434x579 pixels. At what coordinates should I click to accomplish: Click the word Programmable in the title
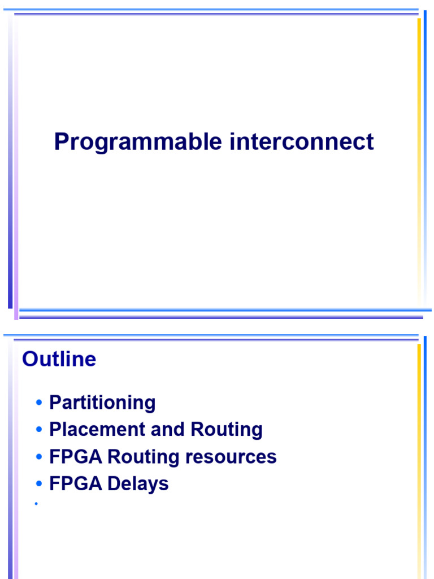[138, 142]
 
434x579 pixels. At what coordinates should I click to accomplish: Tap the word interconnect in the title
[302, 141]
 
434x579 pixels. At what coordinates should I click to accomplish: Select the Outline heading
[59, 360]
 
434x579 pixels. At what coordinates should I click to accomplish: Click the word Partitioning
[102, 403]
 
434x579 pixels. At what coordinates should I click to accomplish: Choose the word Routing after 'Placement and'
[227, 430]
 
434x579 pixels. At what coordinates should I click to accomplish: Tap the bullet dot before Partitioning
[38, 403]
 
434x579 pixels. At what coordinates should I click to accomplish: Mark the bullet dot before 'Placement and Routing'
[38, 430]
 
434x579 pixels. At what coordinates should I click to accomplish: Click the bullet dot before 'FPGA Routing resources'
[38, 457]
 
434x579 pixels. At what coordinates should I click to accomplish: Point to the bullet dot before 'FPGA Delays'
[38, 484]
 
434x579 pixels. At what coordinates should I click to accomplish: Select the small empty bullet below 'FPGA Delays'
[36, 503]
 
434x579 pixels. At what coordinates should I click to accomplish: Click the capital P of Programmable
[61, 141]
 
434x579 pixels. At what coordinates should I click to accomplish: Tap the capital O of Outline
[29, 360]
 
